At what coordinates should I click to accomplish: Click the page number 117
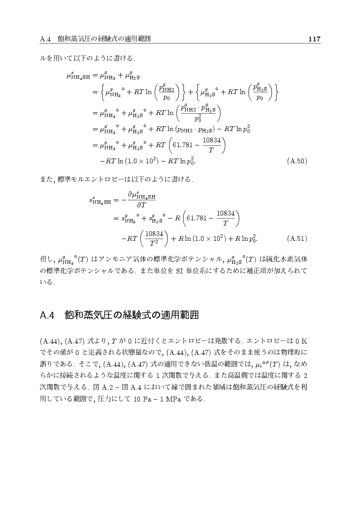314,39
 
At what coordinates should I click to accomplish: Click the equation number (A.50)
298,161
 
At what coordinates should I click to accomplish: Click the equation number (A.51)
298,239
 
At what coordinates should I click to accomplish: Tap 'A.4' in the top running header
46,39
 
